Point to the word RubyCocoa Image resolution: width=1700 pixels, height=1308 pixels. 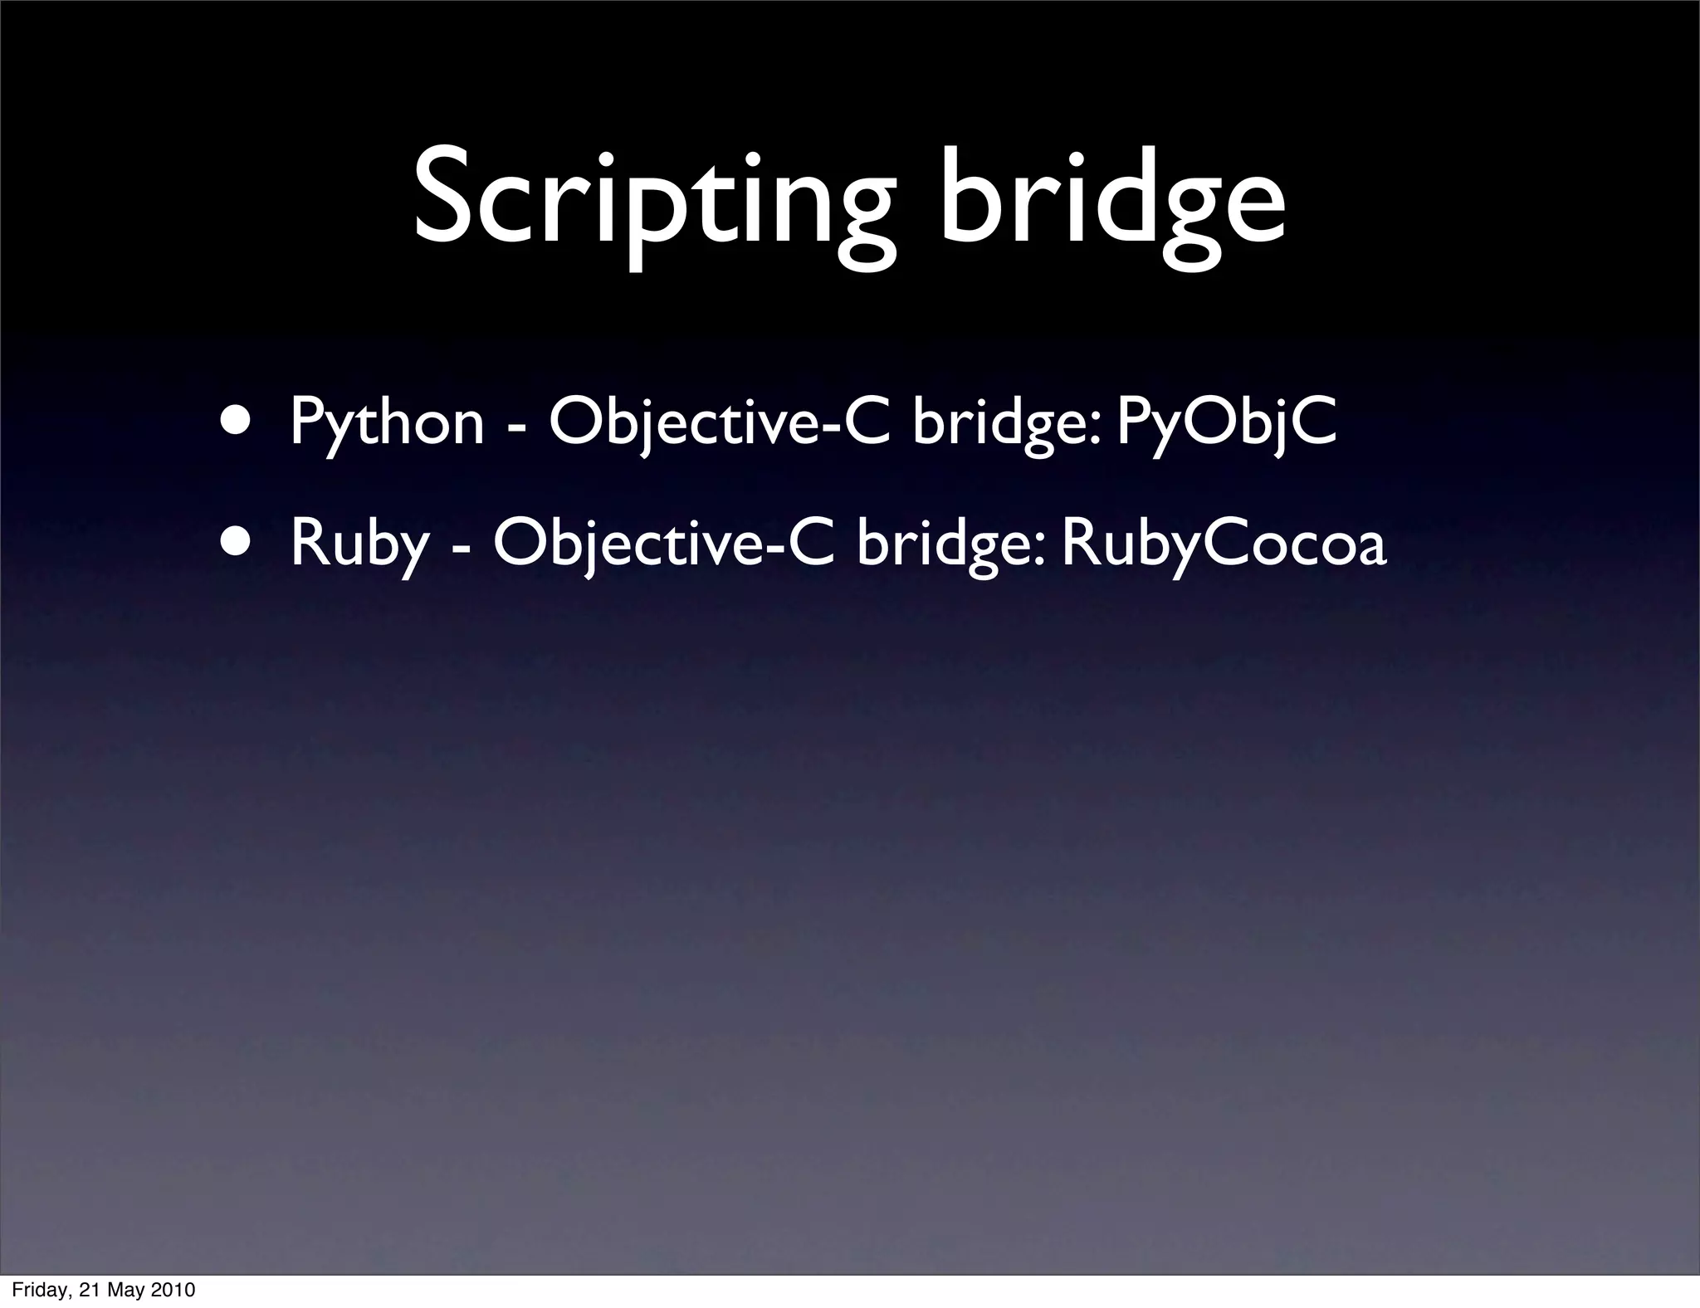(x=1224, y=545)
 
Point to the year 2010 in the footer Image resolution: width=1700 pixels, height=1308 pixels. (x=174, y=1290)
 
